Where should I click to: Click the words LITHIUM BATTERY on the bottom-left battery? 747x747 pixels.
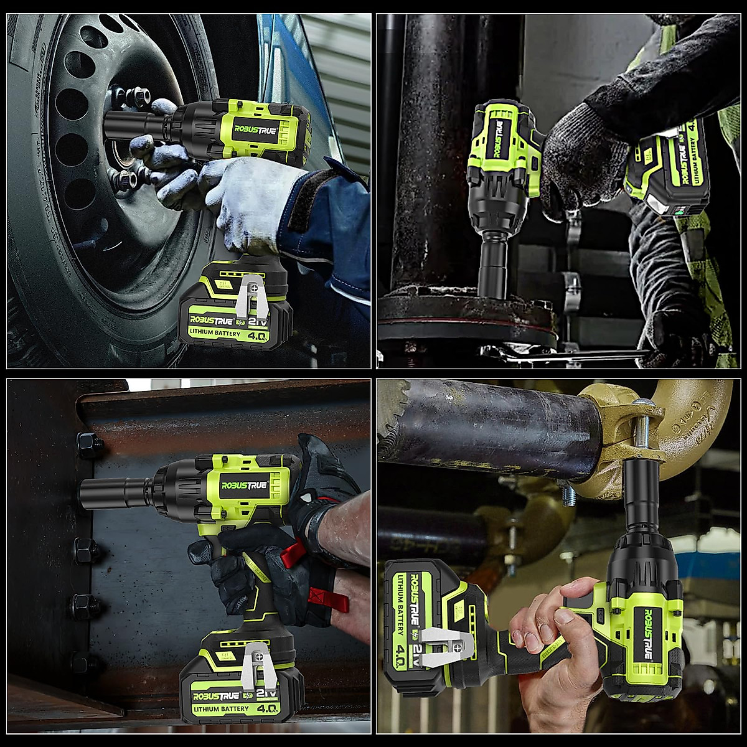point(221,708)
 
